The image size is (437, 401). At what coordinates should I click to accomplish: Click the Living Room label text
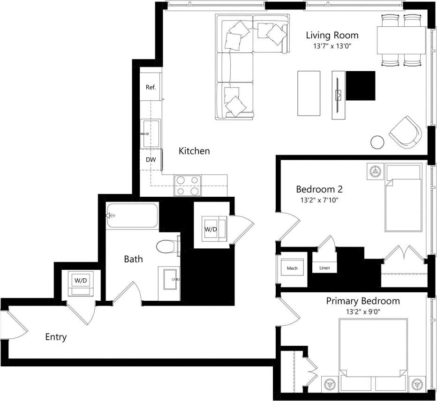pyautogui.click(x=332, y=35)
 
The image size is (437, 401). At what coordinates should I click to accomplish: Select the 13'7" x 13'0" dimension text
pyautogui.click(x=332, y=46)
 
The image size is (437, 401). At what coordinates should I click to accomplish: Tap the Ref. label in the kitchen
pyautogui.click(x=151, y=87)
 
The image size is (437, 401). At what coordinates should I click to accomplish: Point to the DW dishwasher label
pyautogui.click(x=151, y=160)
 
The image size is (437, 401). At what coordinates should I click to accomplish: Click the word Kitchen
pyautogui.click(x=194, y=151)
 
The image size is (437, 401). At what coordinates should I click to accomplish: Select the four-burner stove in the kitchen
pyautogui.click(x=188, y=186)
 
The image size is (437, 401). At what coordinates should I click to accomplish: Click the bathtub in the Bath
pyautogui.click(x=132, y=215)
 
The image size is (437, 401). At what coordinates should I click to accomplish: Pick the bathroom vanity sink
pyautogui.click(x=169, y=279)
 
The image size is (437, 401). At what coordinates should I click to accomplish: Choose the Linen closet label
pyautogui.click(x=324, y=268)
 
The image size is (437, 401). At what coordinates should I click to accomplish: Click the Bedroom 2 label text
pyautogui.click(x=319, y=189)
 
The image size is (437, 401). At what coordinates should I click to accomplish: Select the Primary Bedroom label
pyautogui.click(x=363, y=301)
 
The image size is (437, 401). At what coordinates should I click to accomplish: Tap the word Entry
pyautogui.click(x=56, y=337)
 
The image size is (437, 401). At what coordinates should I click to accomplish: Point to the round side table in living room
pyautogui.click(x=377, y=142)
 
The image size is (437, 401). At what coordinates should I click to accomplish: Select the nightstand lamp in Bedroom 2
pyautogui.click(x=375, y=171)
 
